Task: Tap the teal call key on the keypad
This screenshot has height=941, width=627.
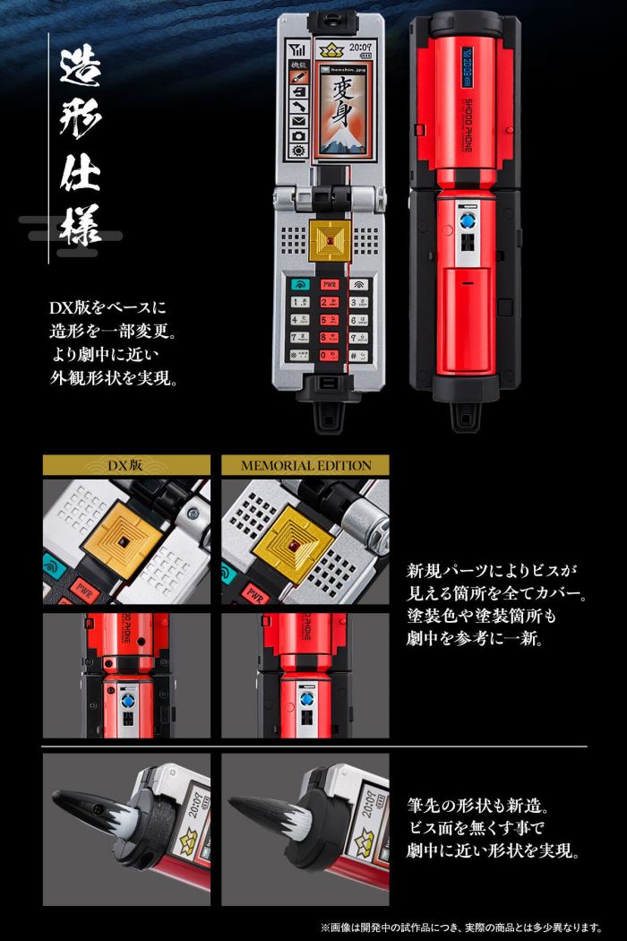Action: pyautogui.click(x=296, y=285)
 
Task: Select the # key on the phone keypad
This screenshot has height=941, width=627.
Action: pyautogui.click(x=358, y=355)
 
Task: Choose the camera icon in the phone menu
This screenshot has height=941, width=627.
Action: pyautogui.click(x=297, y=136)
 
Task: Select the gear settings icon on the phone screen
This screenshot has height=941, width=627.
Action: pyautogui.click(x=297, y=152)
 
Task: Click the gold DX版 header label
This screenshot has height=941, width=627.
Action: pyautogui.click(x=125, y=465)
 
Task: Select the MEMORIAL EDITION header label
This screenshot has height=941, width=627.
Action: pyautogui.click(x=305, y=465)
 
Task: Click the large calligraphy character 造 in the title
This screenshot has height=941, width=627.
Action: pyautogui.click(x=80, y=70)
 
